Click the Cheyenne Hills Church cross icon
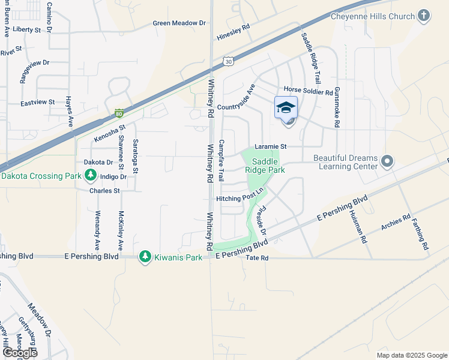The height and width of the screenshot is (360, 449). tap(424, 15)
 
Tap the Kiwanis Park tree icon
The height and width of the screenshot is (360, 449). tap(145, 257)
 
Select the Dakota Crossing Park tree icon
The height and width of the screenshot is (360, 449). tap(91, 176)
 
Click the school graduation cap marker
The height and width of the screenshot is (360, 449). tap(286, 108)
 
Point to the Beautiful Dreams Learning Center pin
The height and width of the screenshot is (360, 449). tap(388, 161)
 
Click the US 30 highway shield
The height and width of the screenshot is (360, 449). tap(228, 61)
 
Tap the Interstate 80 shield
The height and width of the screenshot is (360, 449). tap(119, 113)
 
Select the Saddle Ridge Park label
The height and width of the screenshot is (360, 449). tap(265, 166)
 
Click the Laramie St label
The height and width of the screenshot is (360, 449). tap(271, 146)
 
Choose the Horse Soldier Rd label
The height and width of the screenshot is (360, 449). tap(308, 92)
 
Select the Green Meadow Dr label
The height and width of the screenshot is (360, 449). tap(179, 23)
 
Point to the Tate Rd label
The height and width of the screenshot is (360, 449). tap(256, 257)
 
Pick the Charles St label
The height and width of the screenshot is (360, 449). tap(104, 191)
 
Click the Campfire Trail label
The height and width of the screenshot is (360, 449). tap(221, 161)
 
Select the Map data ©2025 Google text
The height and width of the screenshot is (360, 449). tap(411, 355)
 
